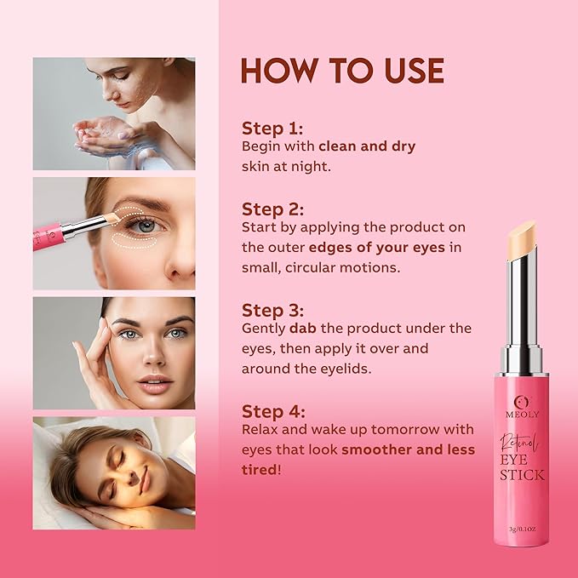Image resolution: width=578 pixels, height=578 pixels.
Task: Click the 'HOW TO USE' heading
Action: click(x=342, y=71)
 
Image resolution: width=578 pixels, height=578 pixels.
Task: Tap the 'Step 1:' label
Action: click(x=272, y=129)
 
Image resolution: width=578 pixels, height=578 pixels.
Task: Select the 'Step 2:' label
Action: click(x=272, y=209)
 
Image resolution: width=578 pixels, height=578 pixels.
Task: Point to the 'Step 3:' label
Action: click(x=272, y=310)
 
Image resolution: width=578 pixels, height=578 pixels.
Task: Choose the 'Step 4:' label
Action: click(x=272, y=411)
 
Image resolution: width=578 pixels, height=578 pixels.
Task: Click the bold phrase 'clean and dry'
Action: click(x=366, y=146)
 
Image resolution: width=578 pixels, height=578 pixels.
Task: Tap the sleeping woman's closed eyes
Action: click(x=128, y=467)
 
